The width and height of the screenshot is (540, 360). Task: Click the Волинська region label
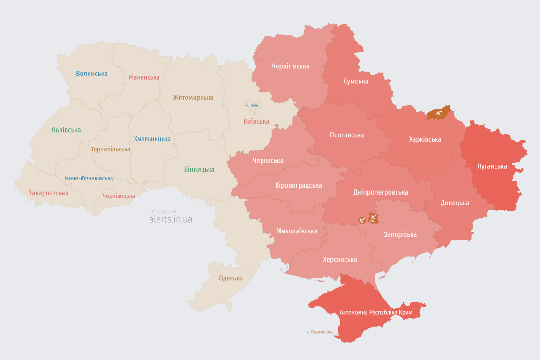(91, 74)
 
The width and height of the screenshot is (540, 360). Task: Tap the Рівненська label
(144, 77)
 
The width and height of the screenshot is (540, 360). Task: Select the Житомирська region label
(193, 97)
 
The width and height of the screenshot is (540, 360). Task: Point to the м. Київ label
(252, 105)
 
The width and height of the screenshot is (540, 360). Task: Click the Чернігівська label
(290, 66)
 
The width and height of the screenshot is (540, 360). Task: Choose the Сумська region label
(356, 81)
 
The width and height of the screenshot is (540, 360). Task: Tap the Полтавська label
(346, 135)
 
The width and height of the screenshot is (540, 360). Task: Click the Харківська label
(425, 139)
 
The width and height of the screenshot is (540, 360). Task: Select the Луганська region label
(492, 166)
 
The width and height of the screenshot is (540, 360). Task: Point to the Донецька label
(454, 203)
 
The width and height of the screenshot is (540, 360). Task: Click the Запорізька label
(400, 234)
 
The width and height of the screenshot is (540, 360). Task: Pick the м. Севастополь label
(319, 332)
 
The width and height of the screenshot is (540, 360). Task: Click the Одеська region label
(231, 278)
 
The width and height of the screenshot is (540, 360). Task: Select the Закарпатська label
(48, 193)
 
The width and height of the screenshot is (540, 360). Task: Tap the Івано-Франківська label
(89, 179)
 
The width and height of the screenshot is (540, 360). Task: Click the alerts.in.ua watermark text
(170, 219)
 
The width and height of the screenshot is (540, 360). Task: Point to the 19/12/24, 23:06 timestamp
(163, 212)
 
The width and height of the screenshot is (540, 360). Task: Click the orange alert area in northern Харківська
(439, 113)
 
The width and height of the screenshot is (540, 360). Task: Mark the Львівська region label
(66, 130)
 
